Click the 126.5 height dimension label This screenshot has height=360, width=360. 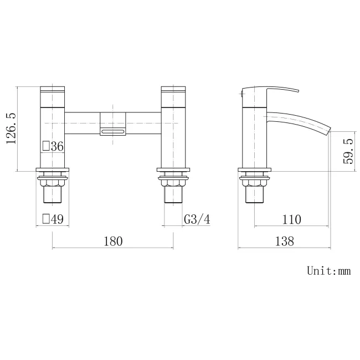(11, 128)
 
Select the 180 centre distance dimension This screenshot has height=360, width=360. (112, 241)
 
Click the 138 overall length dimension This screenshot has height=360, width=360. (284, 241)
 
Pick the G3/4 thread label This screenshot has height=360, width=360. (197, 219)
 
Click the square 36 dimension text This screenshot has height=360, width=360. (54, 146)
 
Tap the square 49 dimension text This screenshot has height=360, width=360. (53, 219)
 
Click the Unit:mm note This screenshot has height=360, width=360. (329, 271)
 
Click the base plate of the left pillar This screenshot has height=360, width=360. (53, 171)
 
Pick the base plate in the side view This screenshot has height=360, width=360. (255, 171)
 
